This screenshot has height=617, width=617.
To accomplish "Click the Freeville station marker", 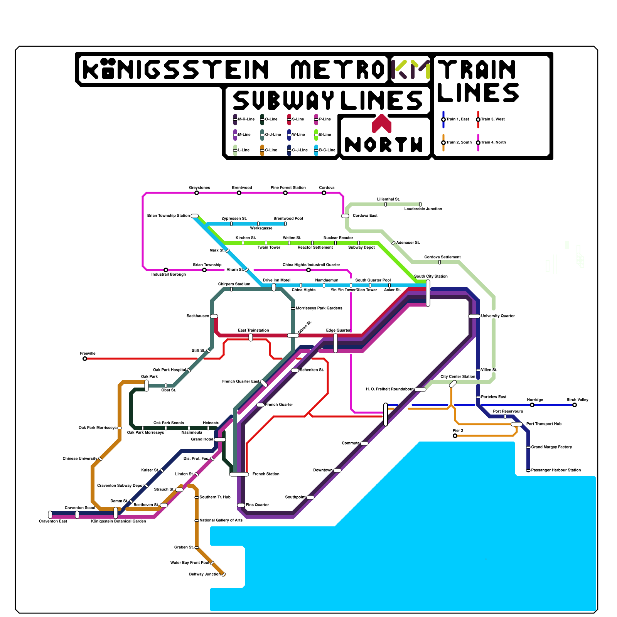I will point(85,359).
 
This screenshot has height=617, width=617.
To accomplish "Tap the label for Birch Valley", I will point(577,400).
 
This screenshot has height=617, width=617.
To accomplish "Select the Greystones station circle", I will point(197,193).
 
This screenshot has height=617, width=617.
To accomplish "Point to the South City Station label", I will point(431,276).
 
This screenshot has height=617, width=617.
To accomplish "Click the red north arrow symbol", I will point(382,123).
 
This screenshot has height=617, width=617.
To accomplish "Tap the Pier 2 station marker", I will point(455,436).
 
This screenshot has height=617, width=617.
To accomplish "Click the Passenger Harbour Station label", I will point(556,470).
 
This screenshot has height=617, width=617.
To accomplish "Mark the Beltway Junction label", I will point(205,574).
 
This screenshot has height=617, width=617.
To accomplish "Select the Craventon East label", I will point(53,521).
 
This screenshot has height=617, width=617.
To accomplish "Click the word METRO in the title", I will point(337,69).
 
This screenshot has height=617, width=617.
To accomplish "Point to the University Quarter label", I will point(497,316).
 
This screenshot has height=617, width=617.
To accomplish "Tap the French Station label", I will point(266,474).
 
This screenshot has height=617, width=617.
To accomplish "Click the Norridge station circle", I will point(532,405).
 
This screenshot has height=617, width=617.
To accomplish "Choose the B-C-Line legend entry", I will point(327,150).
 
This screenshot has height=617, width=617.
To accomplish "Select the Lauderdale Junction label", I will point(423,209).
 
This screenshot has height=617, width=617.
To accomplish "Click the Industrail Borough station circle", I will point(166,270).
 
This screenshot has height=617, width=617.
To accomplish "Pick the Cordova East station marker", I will point(345,216).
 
